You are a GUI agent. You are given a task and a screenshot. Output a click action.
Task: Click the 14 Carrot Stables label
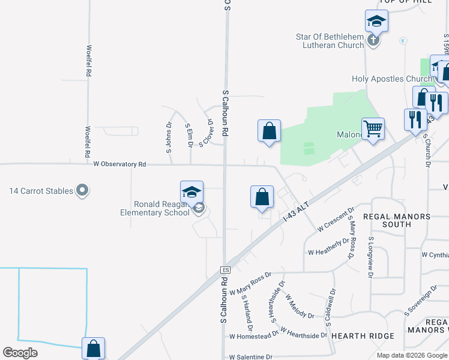[41, 191]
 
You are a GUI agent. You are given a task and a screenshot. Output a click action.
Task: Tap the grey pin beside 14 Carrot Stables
[83, 191]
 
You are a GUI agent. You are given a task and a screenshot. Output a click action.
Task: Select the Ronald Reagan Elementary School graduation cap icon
[191, 193]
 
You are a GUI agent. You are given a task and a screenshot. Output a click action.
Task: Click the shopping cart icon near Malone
[373, 128]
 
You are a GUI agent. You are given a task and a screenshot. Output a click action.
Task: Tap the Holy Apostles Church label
[392, 79]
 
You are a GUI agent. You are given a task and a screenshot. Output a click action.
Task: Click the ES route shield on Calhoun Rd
[226, 270]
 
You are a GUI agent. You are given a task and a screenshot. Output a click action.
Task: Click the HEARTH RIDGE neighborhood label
[363, 336]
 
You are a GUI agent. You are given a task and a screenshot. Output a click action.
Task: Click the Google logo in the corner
[20, 353]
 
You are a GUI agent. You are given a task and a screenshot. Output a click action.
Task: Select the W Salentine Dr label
[251, 356]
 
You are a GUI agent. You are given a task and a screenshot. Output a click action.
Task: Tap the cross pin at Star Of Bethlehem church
[373, 41]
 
